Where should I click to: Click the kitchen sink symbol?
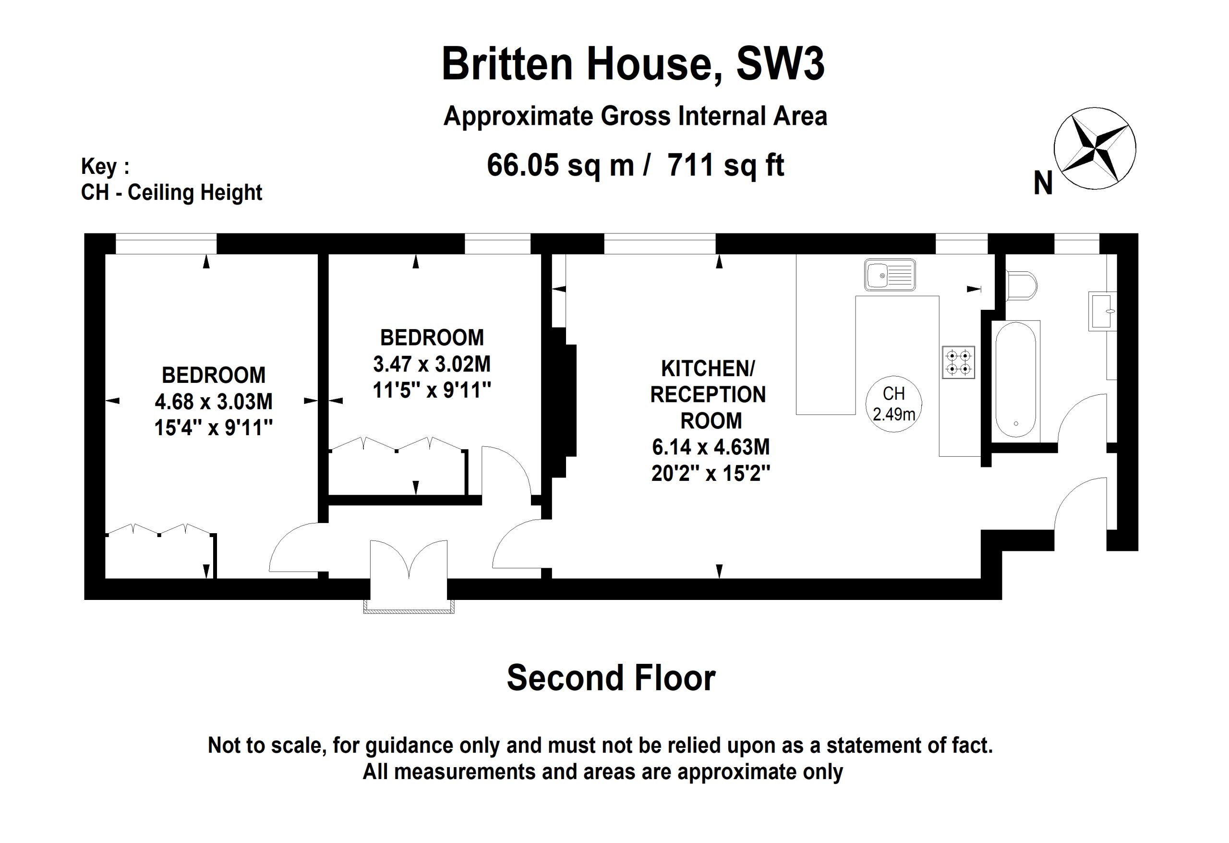pyautogui.click(x=890, y=275)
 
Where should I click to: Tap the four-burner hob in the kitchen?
pyautogui.click(x=958, y=362)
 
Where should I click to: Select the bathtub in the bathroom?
pyautogui.click(x=1015, y=380)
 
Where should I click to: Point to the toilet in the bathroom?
pyautogui.click(x=1021, y=286)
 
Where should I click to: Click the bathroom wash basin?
pyautogui.click(x=1102, y=311)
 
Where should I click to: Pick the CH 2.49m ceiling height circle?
pyautogui.click(x=894, y=404)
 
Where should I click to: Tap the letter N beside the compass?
pyautogui.click(x=1043, y=183)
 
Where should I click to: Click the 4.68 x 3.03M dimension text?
pyautogui.click(x=214, y=402)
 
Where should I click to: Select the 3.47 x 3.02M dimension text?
pyautogui.click(x=432, y=364)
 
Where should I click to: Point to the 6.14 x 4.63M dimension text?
pyautogui.click(x=711, y=447)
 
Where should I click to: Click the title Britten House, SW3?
pyautogui.click(x=633, y=64)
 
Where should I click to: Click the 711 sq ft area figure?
pyautogui.click(x=725, y=165)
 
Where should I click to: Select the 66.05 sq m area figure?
pyautogui.click(x=560, y=165)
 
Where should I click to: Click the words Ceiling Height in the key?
pyautogui.click(x=195, y=193)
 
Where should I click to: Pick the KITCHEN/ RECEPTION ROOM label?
pyautogui.click(x=708, y=394)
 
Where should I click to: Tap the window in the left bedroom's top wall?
pyautogui.click(x=166, y=244)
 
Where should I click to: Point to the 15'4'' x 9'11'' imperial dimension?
pyautogui.click(x=214, y=428)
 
